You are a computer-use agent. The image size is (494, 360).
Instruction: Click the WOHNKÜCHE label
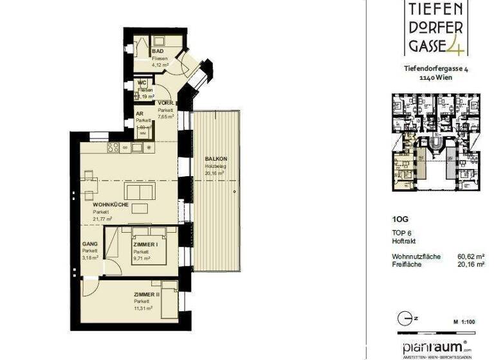point(111,204)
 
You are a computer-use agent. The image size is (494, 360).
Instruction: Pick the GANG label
point(89,244)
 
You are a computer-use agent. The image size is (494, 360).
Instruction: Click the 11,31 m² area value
point(143,308)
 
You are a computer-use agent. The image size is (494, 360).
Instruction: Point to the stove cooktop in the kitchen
point(114,148)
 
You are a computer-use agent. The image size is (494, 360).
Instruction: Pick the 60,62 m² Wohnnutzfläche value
point(470,256)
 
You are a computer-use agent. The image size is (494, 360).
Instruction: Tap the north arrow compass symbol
point(405,318)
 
